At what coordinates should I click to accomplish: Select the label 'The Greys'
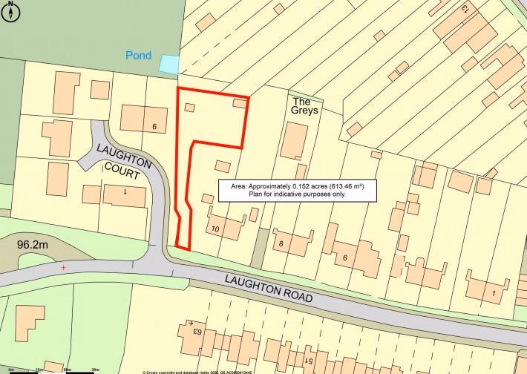tap(305, 105)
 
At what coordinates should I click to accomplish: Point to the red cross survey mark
tap(64, 267)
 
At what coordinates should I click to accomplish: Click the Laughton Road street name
tap(268, 288)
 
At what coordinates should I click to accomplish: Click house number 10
tap(216, 229)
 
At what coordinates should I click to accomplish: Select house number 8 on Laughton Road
tap(281, 243)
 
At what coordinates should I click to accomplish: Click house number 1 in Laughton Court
tap(125, 191)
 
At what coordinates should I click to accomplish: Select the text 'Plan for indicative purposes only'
tap(297, 194)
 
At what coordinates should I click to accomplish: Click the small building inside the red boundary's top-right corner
tap(239, 103)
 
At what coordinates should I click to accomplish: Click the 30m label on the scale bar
tap(94, 369)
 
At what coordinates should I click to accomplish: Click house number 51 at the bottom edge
tap(308, 361)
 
